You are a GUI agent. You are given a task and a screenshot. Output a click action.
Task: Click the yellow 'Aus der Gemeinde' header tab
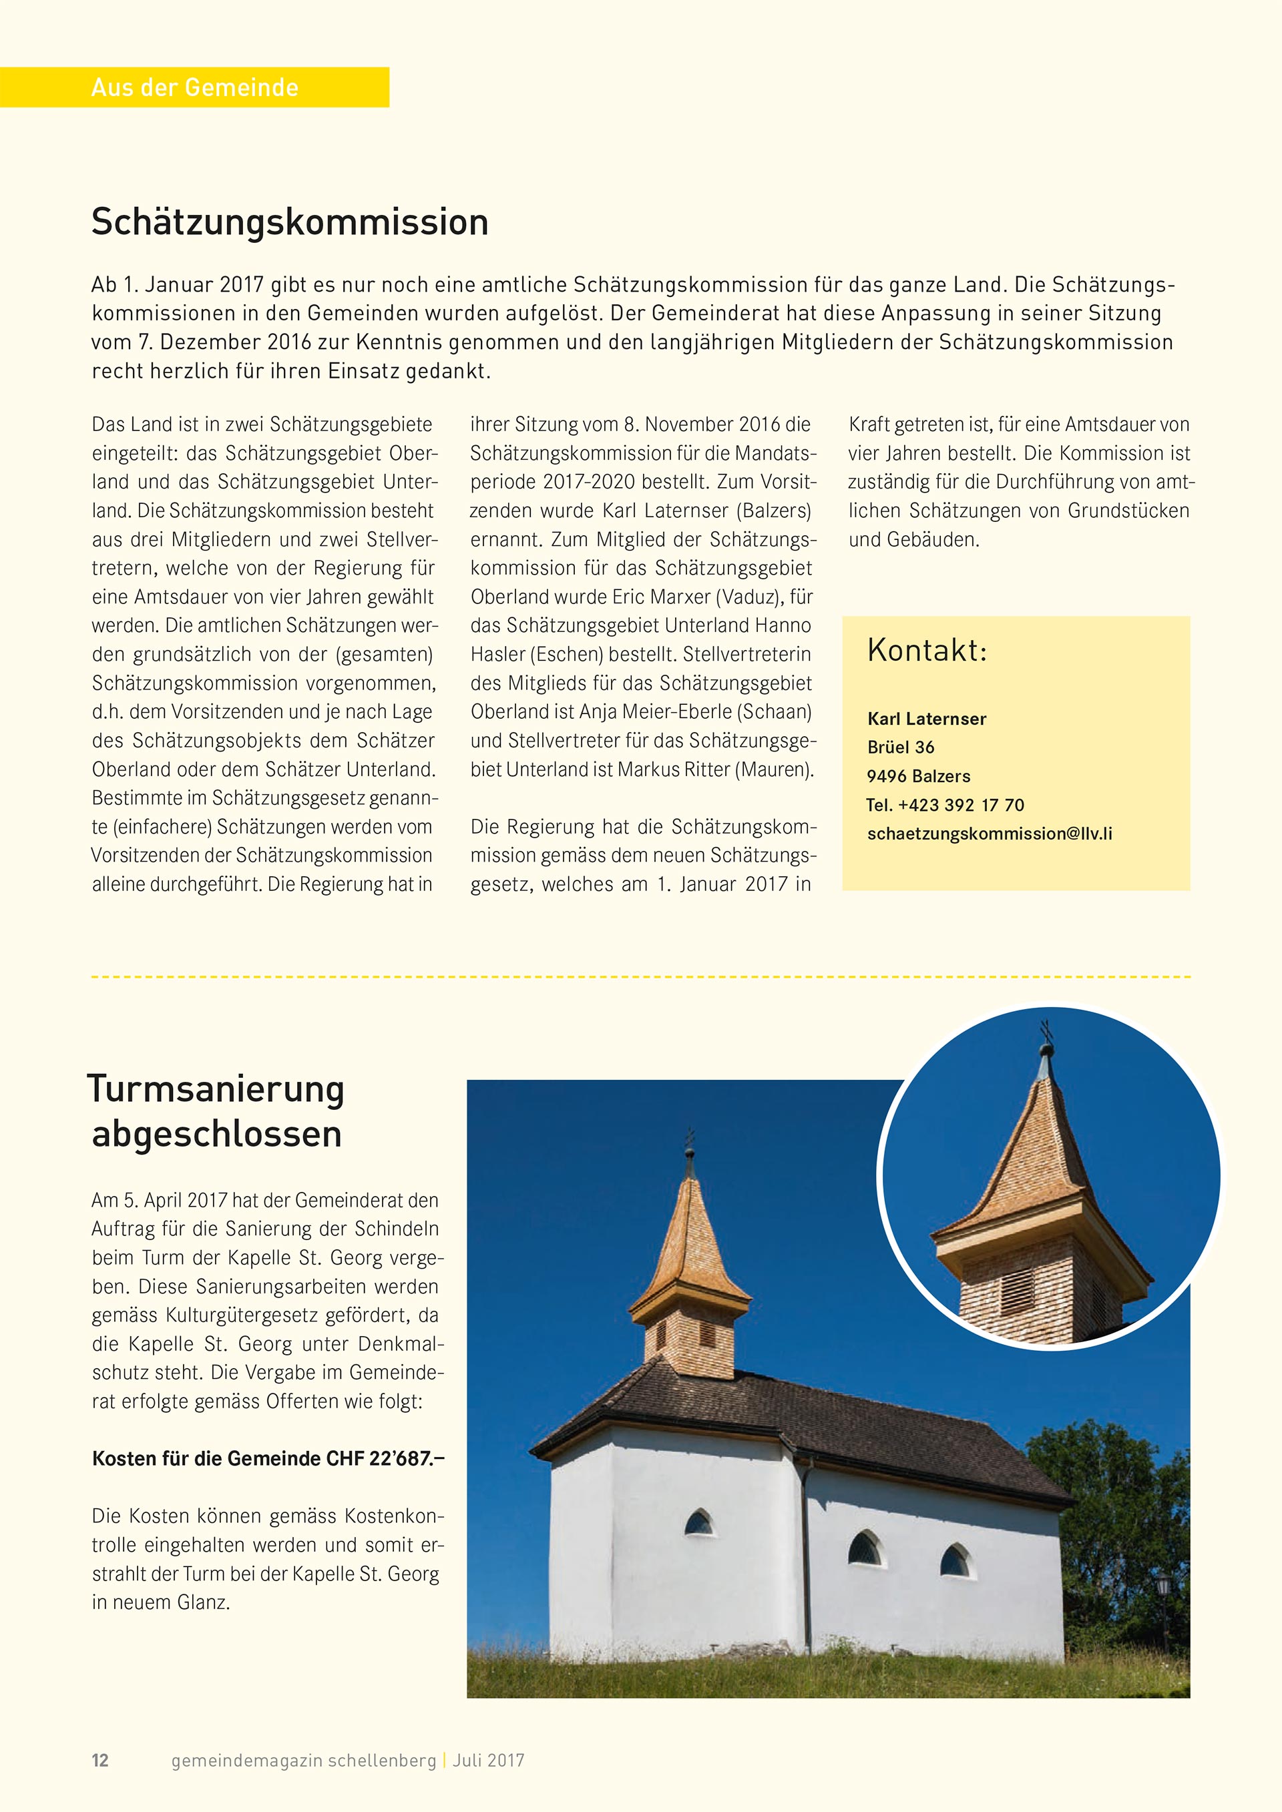(x=194, y=87)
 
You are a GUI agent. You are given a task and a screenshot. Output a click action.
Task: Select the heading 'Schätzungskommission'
(x=290, y=222)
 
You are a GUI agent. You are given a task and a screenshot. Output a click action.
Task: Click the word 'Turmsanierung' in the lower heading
(x=216, y=1089)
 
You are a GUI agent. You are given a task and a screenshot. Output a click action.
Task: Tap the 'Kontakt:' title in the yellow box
(x=927, y=650)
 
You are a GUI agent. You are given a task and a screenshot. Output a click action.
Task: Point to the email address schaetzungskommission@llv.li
(x=989, y=834)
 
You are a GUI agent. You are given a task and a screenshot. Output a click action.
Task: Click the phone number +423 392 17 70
(x=961, y=805)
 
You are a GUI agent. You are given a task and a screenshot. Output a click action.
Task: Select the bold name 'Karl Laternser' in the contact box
(x=927, y=719)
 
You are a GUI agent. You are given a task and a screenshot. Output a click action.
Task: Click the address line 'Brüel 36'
(x=901, y=747)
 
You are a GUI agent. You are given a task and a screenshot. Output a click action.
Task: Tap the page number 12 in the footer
(x=100, y=1760)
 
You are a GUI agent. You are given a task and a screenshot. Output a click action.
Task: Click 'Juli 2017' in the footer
(x=489, y=1760)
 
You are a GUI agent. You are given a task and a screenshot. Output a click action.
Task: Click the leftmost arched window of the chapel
(x=698, y=1522)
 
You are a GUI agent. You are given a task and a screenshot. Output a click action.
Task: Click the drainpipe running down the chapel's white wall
(x=807, y=1570)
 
